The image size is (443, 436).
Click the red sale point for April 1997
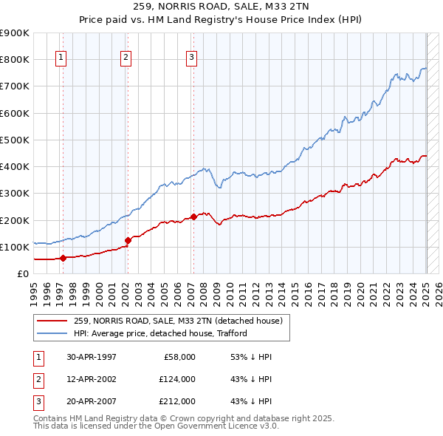[x=63, y=258]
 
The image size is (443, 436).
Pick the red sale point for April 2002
[x=128, y=240]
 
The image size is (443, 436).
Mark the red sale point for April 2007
[x=193, y=217]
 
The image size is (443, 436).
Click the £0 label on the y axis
[x=22, y=273]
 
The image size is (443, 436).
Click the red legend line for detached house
[x=51, y=321]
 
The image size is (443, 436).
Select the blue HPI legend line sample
[x=51, y=333]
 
